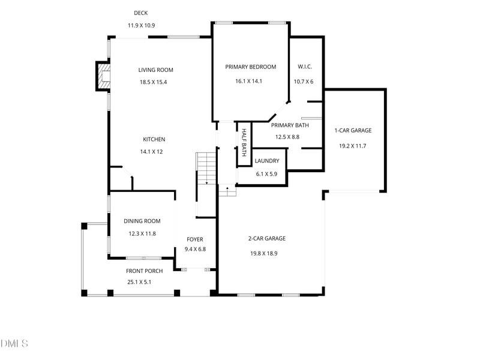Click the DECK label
[x=141, y=13]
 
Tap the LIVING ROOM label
[x=155, y=70]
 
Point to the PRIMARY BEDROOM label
[x=250, y=67]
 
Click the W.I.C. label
[x=304, y=67]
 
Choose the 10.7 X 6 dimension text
[x=304, y=82]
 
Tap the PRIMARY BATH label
[x=290, y=125]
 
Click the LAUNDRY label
[x=266, y=161]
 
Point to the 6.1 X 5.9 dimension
[x=266, y=174]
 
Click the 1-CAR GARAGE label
[x=353, y=131]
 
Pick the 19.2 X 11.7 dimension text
[x=353, y=146]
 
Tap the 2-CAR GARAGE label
[x=267, y=239]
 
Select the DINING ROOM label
[x=142, y=221]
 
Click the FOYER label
[x=195, y=239]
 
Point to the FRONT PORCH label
[x=144, y=271]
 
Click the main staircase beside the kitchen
[x=206, y=169]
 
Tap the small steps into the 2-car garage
[x=227, y=191]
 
